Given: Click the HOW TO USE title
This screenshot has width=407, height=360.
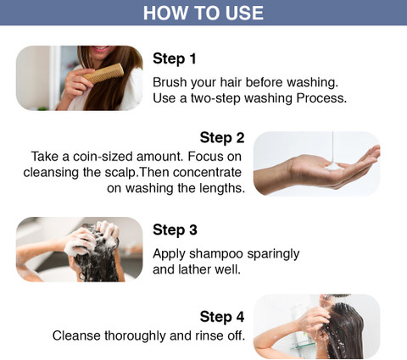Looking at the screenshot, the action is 203,13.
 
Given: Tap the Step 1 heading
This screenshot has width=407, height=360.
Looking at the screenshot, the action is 175,58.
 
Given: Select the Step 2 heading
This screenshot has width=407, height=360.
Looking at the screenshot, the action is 222,138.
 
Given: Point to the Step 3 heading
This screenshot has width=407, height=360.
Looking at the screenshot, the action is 175,230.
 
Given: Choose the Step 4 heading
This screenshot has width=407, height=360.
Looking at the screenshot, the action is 222,317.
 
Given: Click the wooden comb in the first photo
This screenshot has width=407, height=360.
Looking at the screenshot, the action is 103,74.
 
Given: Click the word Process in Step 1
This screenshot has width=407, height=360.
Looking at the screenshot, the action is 321,98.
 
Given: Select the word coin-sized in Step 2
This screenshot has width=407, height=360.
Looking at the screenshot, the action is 103,157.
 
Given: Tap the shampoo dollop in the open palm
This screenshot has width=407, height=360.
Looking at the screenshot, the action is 333,166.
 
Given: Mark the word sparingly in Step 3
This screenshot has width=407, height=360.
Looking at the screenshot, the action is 273,254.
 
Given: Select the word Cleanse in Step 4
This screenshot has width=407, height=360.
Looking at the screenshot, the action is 76,335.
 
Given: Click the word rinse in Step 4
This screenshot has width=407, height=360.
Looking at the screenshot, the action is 208,335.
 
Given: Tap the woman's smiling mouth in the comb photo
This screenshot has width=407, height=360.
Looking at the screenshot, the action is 100,48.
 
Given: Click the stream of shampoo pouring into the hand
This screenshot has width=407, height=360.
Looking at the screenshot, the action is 333,147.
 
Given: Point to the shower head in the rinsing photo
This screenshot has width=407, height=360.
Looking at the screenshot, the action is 337,296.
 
